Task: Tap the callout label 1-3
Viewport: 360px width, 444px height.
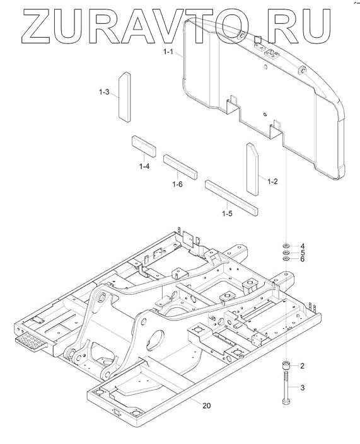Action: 104,92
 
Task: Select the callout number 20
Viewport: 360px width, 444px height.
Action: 207,406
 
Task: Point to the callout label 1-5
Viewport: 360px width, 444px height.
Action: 227,213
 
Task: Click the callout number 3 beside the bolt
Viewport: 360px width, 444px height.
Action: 302,387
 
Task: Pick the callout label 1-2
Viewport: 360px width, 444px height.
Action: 272,181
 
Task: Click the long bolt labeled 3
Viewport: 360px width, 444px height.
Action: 286,388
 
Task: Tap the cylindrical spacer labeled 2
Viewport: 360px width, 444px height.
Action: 286,365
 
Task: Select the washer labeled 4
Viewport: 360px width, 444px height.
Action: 286,245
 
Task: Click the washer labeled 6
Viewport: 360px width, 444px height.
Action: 286,259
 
